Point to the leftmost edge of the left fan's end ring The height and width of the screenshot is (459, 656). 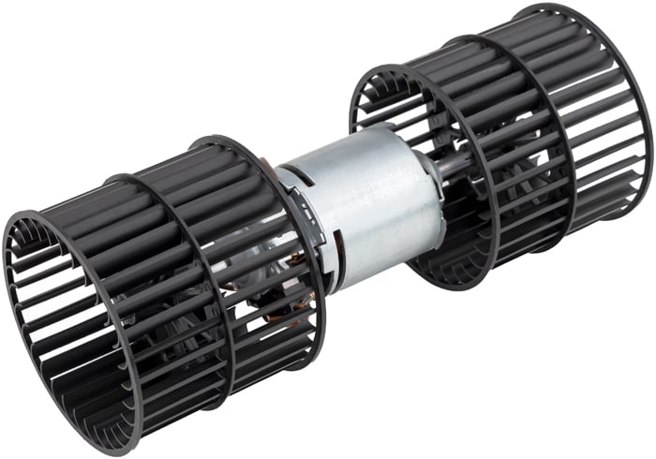coord(5,281)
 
